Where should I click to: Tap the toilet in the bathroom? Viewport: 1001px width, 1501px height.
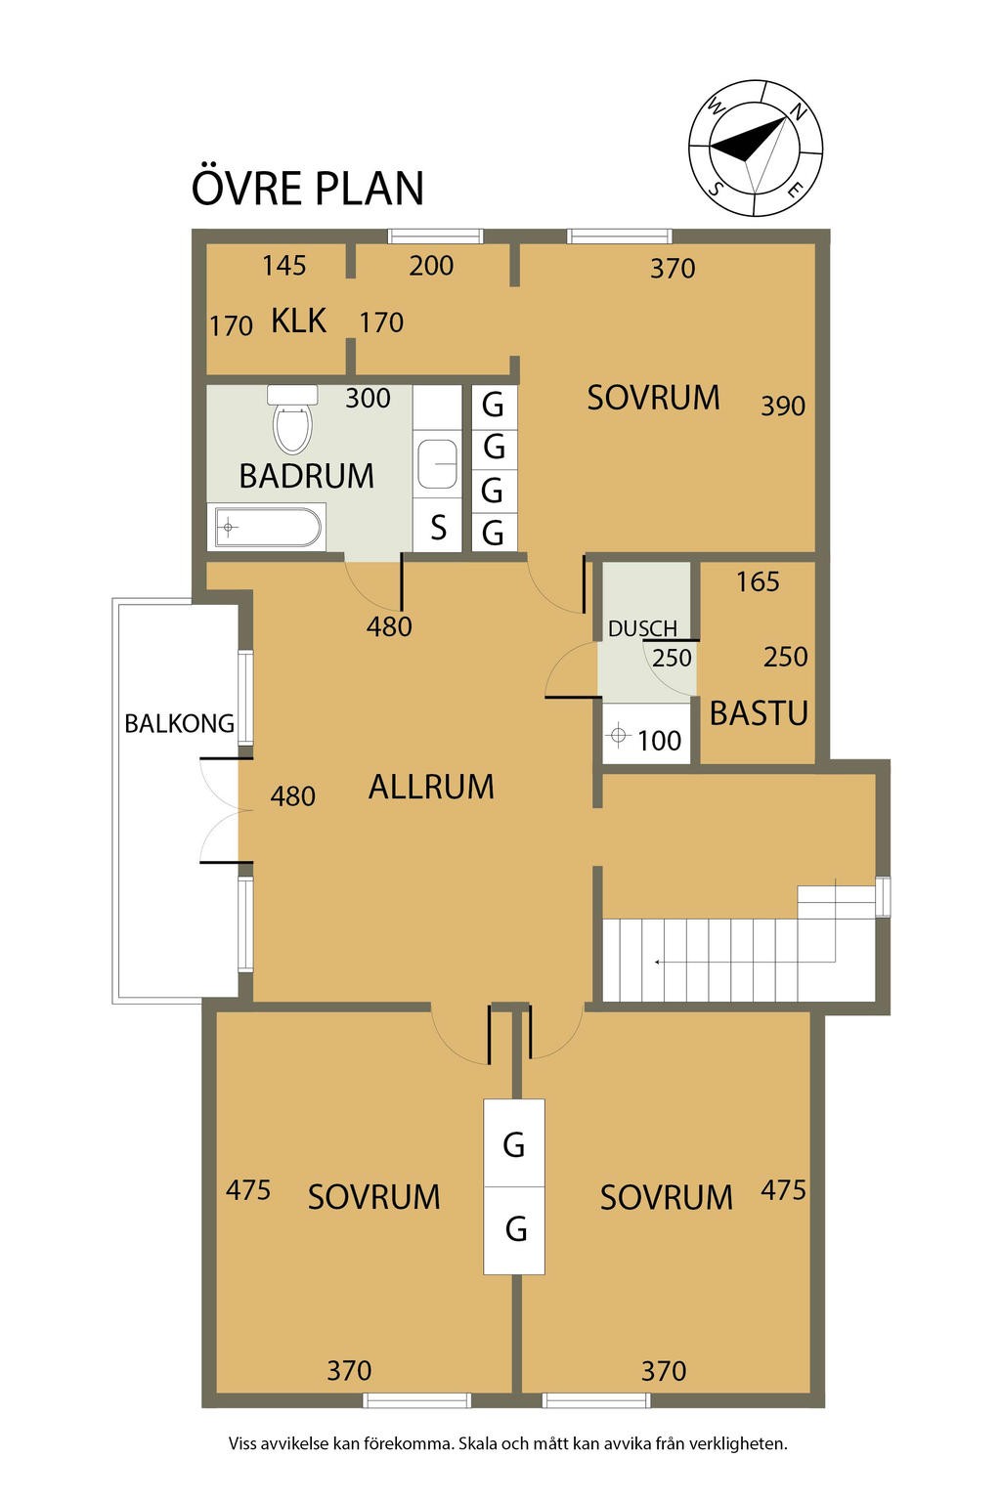(x=292, y=419)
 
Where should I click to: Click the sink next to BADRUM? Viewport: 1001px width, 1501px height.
(x=438, y=463)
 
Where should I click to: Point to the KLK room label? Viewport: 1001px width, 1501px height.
(x=298, y=321)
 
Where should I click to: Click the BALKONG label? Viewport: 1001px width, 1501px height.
(x=180, y=724)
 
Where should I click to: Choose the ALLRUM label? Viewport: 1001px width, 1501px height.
(x=431, y=787)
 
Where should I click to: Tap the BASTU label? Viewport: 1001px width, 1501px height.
(x=759, y=713)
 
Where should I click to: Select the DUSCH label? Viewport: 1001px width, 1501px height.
(x=642, y=628)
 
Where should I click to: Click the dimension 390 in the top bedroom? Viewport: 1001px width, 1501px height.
(x=782, y=407)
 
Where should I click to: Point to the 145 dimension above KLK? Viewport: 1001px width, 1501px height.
(x=284, y=266)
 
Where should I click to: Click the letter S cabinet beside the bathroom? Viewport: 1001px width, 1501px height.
(x=439, y=528)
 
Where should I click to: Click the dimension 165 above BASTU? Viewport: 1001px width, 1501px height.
(x=758, y=581)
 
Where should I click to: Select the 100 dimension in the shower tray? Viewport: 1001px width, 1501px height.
(x=659, y=741)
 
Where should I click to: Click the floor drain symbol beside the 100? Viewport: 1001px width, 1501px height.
(x=618, y=735)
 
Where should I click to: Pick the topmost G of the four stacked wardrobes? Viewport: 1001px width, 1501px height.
(x=493, y=406)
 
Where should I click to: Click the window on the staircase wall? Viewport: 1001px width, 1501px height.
(x=883, y=896)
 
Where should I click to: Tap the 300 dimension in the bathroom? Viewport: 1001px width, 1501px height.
(x=368, y=399)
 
